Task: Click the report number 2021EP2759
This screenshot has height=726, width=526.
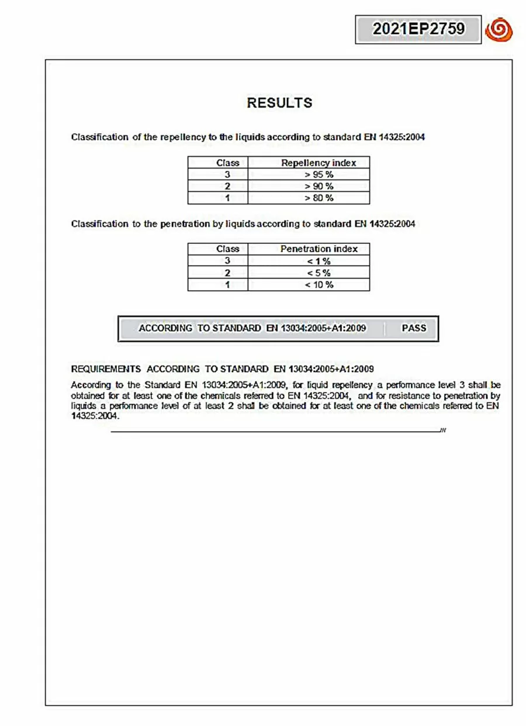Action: coord(418,29)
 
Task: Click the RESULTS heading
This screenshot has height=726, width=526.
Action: coord(279,103)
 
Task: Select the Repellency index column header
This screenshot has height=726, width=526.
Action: coord(319,163)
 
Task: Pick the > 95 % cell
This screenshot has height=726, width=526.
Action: coord(319,174)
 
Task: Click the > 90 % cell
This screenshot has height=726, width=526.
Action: coord(319,186)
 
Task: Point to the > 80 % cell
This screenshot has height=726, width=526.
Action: coord(319,198)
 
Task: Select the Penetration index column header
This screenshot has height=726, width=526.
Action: coord(319,249)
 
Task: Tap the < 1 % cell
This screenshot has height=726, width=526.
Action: coord(319,261)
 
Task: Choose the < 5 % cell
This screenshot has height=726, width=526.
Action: coord(319,273)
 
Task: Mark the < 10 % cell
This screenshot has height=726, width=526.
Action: coord(319,285)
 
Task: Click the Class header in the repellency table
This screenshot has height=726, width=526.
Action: coord(227,163)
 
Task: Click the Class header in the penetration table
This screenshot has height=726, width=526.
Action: coord(227,249)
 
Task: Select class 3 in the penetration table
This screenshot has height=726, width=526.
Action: coord(227,261)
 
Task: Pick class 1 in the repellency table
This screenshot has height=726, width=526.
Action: coord(227,198)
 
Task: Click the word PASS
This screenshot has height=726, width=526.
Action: coord(414,328)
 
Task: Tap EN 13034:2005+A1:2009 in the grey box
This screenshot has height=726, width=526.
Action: coord(316,328)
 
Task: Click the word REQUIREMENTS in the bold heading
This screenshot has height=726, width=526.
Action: coord(106,369)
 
